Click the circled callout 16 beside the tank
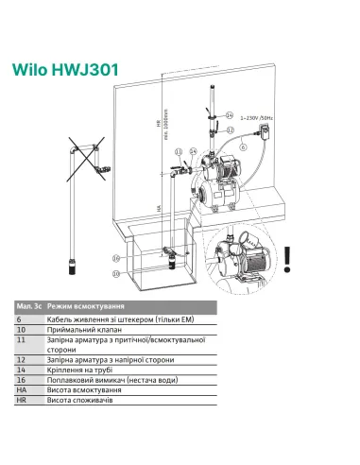pyautogui.click(x=117, y=256)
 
